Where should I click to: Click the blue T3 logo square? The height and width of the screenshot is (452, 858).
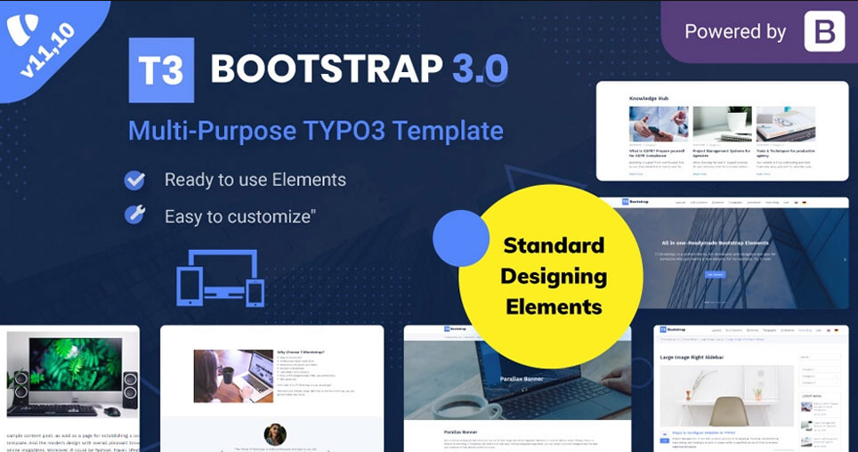point(161,70)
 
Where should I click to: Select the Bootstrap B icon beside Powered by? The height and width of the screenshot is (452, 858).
point(824,32)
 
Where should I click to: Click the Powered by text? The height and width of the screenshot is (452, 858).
point(735,32)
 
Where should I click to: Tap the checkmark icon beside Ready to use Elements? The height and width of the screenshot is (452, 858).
point(134,180)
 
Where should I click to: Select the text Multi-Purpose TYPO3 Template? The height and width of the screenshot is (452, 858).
point(315,131)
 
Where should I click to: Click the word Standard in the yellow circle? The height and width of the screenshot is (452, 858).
point(553,246)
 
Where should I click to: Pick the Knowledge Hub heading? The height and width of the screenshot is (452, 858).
point(649,98)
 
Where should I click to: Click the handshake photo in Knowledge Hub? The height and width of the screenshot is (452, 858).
point(658,125)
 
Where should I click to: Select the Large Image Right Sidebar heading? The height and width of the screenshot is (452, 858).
point(692,358)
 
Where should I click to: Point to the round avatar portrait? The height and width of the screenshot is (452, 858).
point(275,434)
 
